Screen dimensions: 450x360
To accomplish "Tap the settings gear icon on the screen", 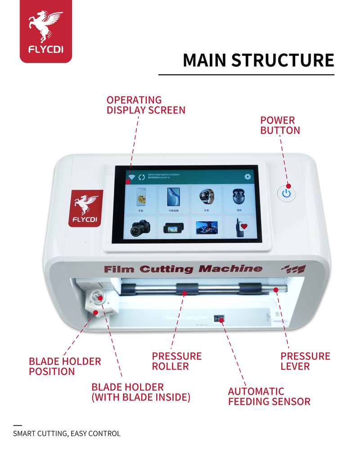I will [247, 177].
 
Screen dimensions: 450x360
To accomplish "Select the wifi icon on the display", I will [131, 177].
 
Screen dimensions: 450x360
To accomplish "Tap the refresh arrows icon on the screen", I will [142, 177].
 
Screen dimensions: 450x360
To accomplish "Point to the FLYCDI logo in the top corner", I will [45, 31].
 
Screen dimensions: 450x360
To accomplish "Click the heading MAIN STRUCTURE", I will [258, 60].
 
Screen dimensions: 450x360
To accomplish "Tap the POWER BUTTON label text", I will [280, 126].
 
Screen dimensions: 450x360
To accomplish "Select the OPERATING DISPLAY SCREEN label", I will [145, 105].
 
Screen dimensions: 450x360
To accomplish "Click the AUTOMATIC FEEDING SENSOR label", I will [269, 396].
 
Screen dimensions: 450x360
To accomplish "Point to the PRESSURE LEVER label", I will [305, 361].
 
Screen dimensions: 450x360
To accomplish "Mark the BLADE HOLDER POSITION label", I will [65, 366].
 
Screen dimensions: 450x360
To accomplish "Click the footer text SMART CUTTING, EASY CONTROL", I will [67, 434].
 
